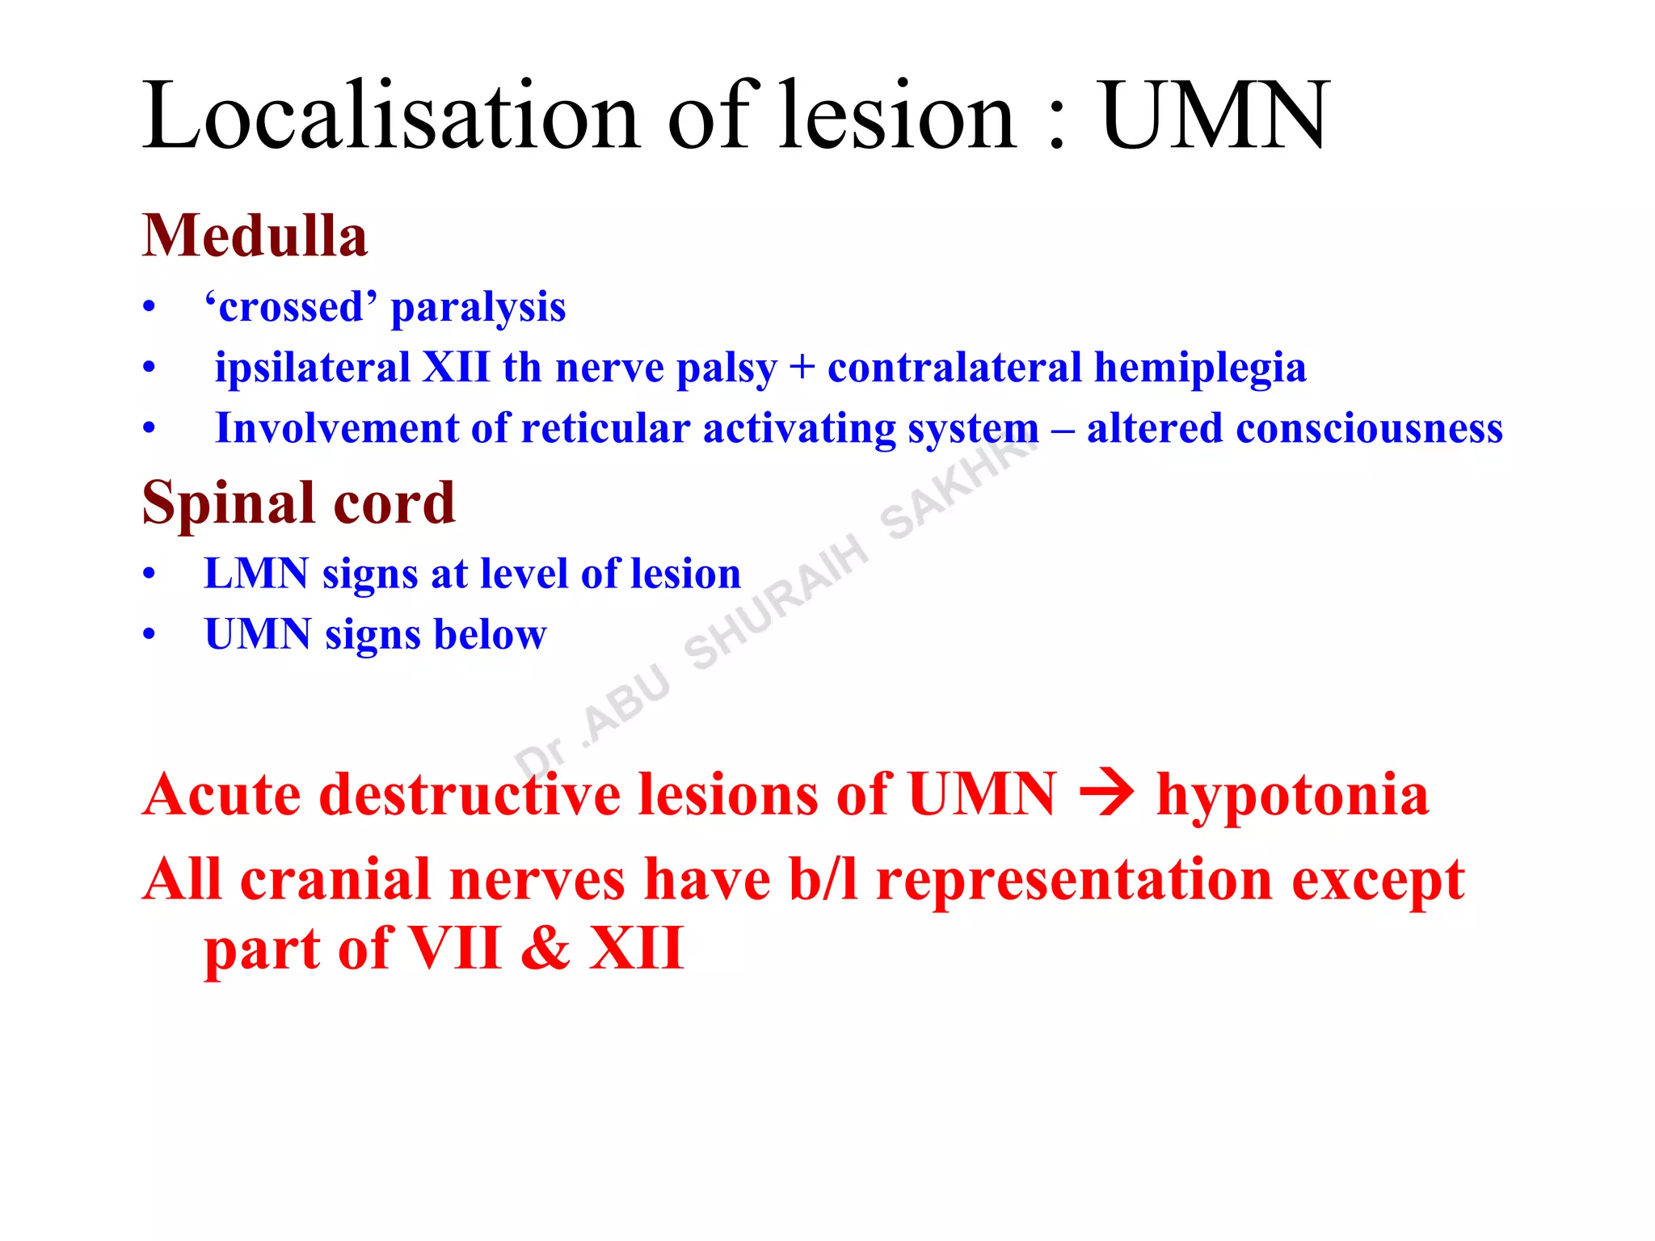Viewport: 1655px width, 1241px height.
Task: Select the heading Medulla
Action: [255, 236]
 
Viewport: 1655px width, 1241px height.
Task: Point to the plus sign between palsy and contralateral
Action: [802, 368]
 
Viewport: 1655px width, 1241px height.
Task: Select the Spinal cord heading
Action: [299, 503]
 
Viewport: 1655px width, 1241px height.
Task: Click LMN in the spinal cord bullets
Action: [256, 574]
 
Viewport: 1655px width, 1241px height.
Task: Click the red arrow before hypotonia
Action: [1106, 794]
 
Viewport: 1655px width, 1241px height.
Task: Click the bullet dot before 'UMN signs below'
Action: [149, 635]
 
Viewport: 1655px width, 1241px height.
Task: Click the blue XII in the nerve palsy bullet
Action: [456, 368]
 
